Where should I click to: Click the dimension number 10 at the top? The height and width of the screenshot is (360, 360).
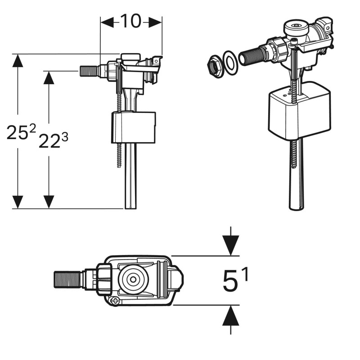coord(130,21)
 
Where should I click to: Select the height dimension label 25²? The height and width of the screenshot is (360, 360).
coord(21,132)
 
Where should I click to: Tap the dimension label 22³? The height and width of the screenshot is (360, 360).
coord(53,140)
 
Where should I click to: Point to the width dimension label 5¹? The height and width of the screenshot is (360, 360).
coord(235,280)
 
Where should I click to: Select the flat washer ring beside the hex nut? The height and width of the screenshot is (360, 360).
coord(230,62)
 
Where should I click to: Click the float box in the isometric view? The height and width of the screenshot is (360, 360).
coord(300,110)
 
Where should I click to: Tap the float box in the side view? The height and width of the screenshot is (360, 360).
coord(133,127)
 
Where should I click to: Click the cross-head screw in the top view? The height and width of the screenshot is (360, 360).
coord(116,301)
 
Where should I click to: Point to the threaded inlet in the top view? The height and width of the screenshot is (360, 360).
coord(67,279)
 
